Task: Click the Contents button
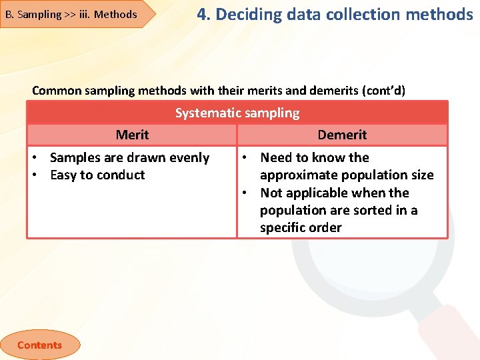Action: (x=39, y=345)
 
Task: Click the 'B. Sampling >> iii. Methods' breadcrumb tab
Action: (x=71, y=14)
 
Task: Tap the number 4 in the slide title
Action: (x=202, y=14)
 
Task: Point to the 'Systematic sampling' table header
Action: (x=237, y=113)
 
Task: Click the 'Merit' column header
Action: (x=132, y=135)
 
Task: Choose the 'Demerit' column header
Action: (x=342, y=135)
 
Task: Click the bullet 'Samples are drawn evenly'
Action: (x=129, y=158)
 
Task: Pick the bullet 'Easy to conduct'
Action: (x=97, y=175)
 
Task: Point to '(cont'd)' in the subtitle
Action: (x=383, y=90)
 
